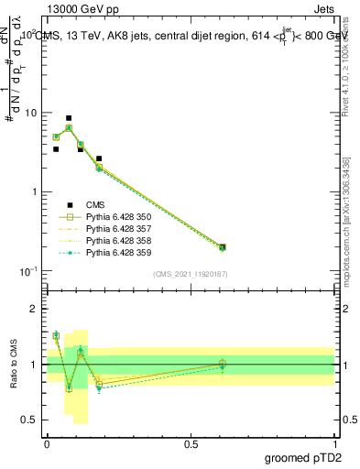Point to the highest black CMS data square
[x=69, y=118]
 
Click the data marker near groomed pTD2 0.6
[x=223, y=247]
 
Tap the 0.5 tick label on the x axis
[x=191, y=443]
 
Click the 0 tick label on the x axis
[x=47, y=443]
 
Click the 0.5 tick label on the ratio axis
[x=29, y=420]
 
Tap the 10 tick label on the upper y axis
[x=30, y=113]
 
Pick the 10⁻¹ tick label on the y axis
[x=27, y=271]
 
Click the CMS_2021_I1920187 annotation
[x=190, y=274]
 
